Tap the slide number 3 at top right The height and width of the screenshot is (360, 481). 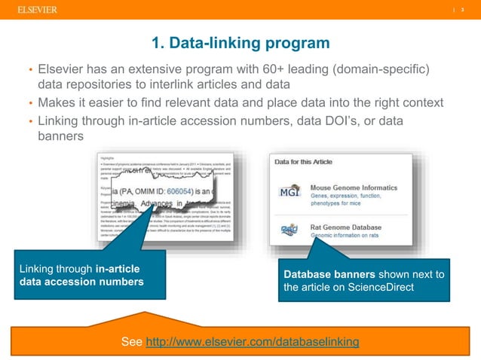point(463,9)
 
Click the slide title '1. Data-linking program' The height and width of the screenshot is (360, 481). point(240,42)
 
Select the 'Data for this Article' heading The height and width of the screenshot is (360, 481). point(305,161)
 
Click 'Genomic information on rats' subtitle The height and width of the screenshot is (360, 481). point(351,235)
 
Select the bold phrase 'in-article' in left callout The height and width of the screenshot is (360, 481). point(120,268)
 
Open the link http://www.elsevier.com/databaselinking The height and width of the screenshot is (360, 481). point(252,343)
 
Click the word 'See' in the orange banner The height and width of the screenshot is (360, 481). point(131,343)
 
